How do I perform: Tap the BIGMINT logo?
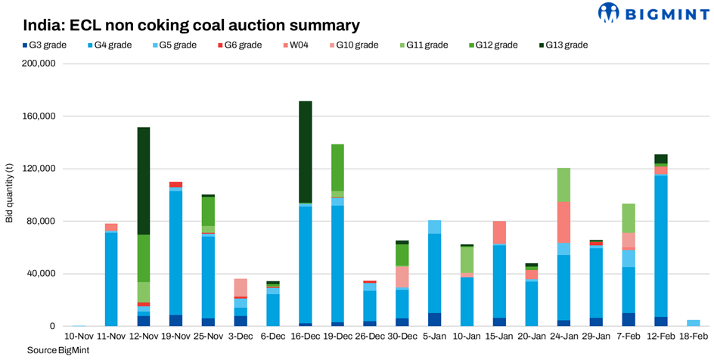point(650,13)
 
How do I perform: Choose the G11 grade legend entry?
point(421,45)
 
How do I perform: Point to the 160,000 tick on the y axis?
point(39,116)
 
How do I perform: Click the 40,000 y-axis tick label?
point(42,274)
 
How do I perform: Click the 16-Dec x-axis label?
point(306,336)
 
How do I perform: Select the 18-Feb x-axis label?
point(694,336)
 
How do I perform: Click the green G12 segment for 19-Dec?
point(337,167)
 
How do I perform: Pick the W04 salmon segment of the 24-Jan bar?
point(564,222)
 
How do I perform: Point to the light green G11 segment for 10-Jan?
point(467,259)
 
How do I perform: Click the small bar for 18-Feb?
point(694,323)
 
